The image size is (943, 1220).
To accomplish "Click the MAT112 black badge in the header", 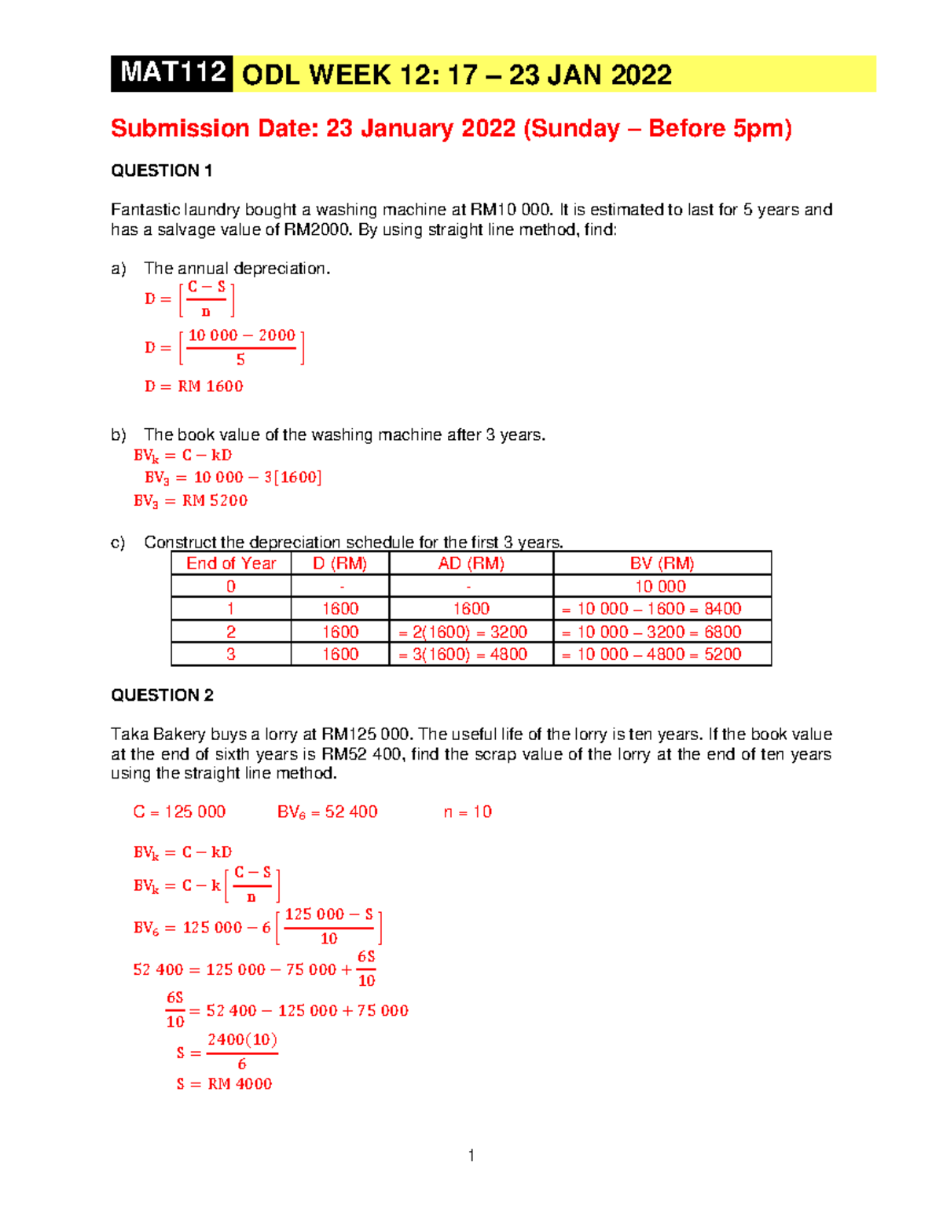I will [172, 73].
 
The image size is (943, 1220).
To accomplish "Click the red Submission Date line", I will [451, 128].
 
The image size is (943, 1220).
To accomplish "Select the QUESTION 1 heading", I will [162, 170].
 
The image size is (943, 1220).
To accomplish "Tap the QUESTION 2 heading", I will [162, 695].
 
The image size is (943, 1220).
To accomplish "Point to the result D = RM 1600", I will [193, 387].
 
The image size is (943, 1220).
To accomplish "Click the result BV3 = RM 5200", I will [190, 500].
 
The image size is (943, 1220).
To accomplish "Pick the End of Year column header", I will [231, 563].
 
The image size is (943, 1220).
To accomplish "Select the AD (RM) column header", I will [471, 563].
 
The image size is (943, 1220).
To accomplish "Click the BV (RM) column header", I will [662, 563].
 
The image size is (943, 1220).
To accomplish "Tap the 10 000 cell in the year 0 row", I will [660, 586].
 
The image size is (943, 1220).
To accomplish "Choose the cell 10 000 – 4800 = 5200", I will [651, 654].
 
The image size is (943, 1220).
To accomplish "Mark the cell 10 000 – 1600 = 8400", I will [651, 609].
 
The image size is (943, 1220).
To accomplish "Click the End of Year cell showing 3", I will [231, 654].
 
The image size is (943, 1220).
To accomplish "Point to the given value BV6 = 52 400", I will [327, 812].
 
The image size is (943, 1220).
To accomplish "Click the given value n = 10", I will [468, 812].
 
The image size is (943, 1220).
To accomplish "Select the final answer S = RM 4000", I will [224, 1084].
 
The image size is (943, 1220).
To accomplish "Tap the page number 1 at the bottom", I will [471, 1155].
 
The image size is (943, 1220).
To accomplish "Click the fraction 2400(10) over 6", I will [242, 1051].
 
